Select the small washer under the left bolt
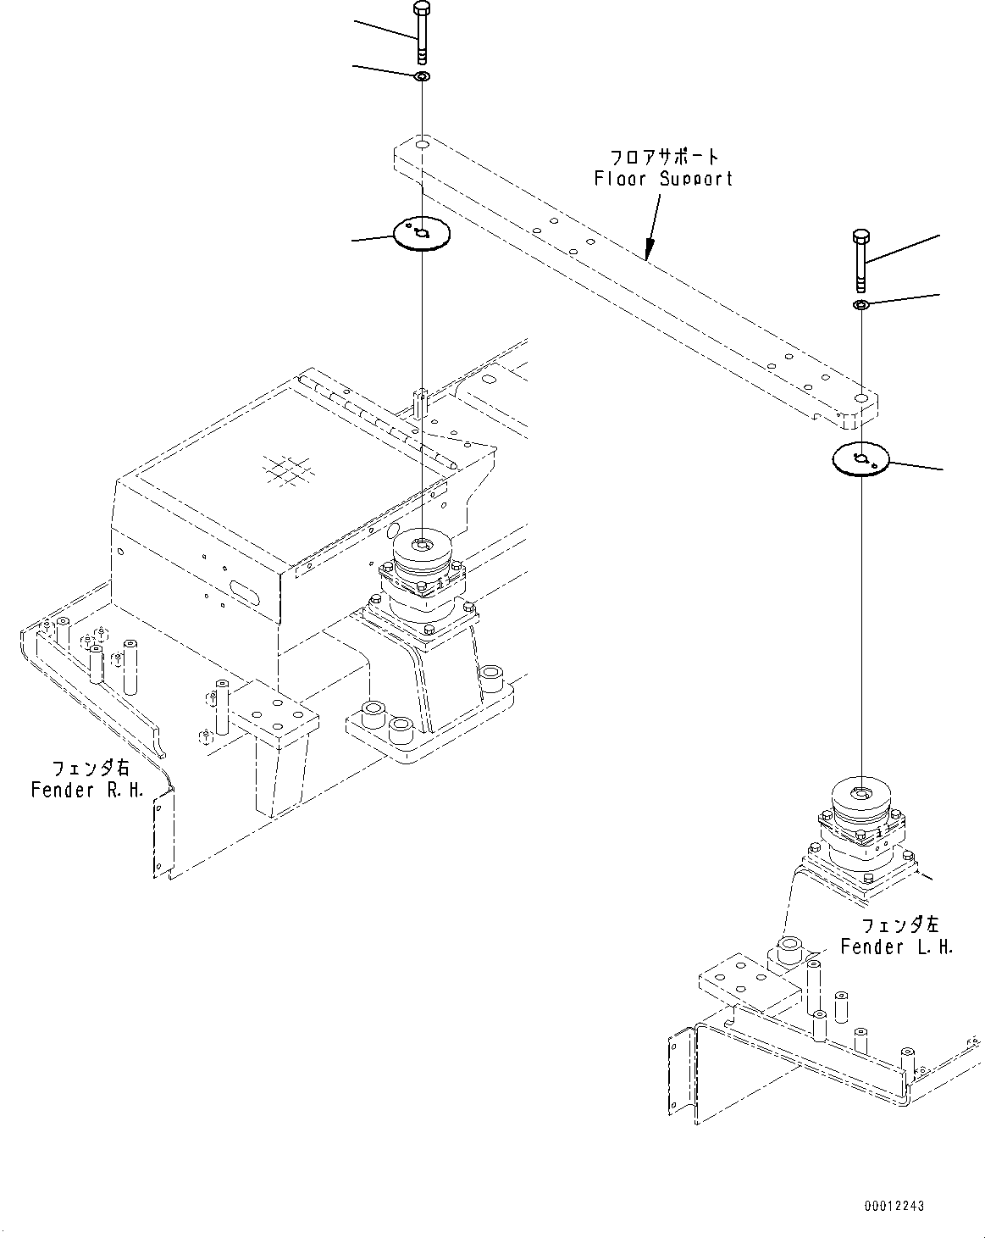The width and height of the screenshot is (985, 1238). tap(422, 78)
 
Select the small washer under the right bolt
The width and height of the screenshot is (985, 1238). tap(860, 304)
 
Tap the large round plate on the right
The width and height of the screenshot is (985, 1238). tap(860, 460)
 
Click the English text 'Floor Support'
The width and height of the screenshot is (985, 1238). tap(662, 179)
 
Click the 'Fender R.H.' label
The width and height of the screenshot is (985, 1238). tap(87, 790)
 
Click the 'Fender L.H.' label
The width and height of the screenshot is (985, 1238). tap(896, 947)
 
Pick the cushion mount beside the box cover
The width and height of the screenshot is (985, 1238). tap(421, 576)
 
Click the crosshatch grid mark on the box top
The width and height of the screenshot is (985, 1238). tap(286, 469)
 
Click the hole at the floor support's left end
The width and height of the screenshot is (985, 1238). tap(421, 146)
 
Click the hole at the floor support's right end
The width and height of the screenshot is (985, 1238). tap(860, 397)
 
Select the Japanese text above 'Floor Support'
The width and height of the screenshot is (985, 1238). tap(664, 157)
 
